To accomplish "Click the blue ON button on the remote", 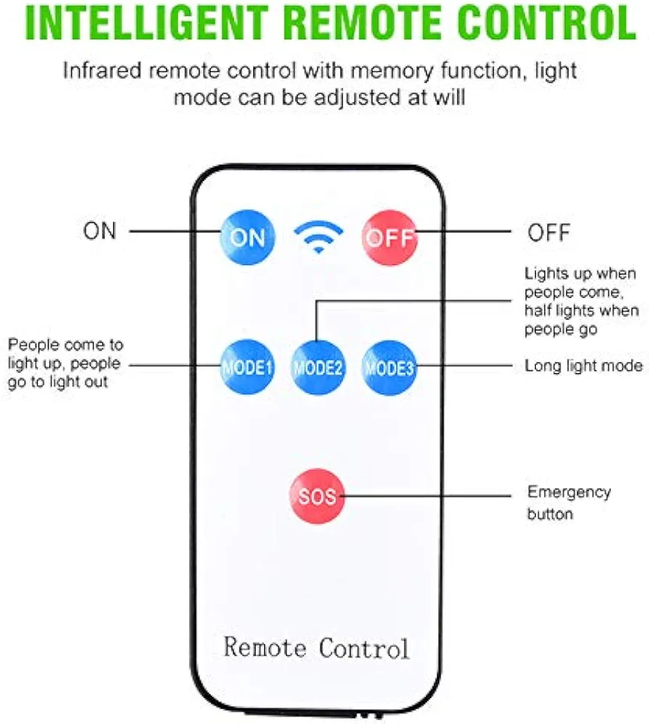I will click(x=247, y=237).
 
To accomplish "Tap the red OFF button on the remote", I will click(x=390, y=237).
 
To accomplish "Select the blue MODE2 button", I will click(x=317, y=367).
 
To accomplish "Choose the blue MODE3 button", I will click(x=389, y=367).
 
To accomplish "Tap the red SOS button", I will click(x=317, y=497).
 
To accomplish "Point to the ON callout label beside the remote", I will click(x=99, y=231).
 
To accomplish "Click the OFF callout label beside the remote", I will click(x=549, y=232).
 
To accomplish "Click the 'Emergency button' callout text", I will click(x=568, y=503).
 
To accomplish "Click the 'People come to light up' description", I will click(x=65, y=362).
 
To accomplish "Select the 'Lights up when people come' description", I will click(x=581, y=301).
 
